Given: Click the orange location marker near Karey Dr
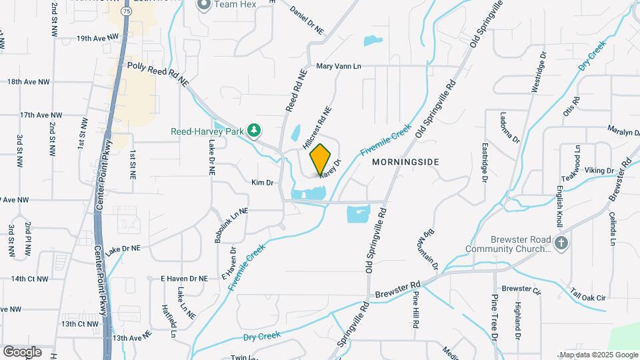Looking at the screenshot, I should [321, 159].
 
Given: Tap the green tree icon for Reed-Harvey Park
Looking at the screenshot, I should [253, 131].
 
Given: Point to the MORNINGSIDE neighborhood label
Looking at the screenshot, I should [405, 162].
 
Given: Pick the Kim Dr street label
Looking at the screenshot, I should [263, 183].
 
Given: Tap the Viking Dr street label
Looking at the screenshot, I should [599, 171].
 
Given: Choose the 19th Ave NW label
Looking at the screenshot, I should [97, 38].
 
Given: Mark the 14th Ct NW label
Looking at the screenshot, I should [30, 279].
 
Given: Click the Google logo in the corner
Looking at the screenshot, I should [22, 351].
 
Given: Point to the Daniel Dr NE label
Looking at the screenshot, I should [307, 21].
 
